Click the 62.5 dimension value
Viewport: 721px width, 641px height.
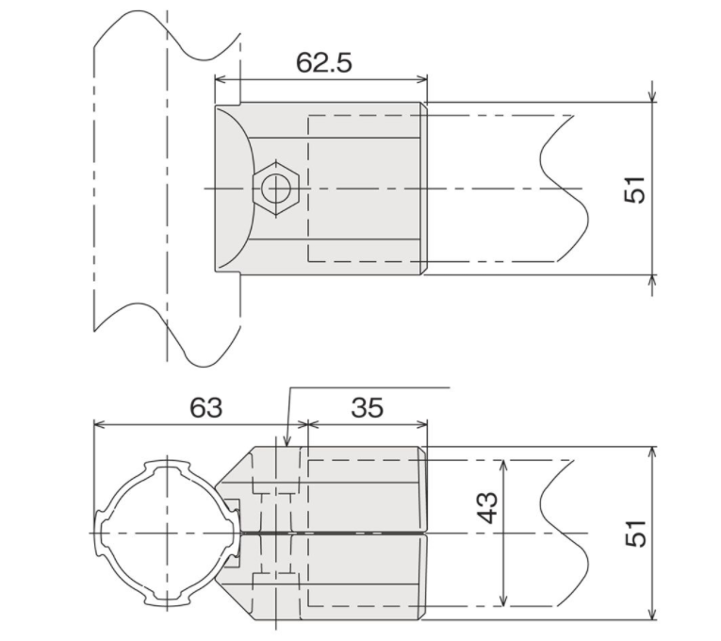pyautogui.click(x=323, y=62)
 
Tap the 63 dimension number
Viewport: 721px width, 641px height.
pyautogui.click(x=205, y=407)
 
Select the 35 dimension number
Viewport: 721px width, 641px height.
pyautogui.click(x=367, y=407)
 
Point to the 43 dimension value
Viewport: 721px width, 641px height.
pyautogui.click(x=487, y=508)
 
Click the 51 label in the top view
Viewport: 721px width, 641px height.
pyautogui.click(x=634, y=189)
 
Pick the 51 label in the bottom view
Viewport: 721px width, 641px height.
pyautogui.click(x=635, y=533)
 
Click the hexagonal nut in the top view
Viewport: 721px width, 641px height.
pyautogui.click(x=275, y=189)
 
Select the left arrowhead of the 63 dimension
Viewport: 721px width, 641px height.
pyautogui.click(x=101, y=424)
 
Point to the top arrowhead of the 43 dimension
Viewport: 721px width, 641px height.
pyautogui.click(x=504, y=466)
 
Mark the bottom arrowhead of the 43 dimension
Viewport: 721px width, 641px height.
pyautogui.click(x=504, y=600)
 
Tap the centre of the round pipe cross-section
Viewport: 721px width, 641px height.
pyautogui.click(x=167, y=534)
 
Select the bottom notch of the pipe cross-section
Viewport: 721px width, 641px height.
pyautogui.click(x=167, y=603)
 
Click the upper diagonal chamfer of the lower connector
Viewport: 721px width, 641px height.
pyautogui.click(x=235, y=465)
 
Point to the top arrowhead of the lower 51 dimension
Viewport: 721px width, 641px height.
pyautogui.click(x=651, y=453)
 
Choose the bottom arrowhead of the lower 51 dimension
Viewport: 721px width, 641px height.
pyautogui.click(x=651, y=613)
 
